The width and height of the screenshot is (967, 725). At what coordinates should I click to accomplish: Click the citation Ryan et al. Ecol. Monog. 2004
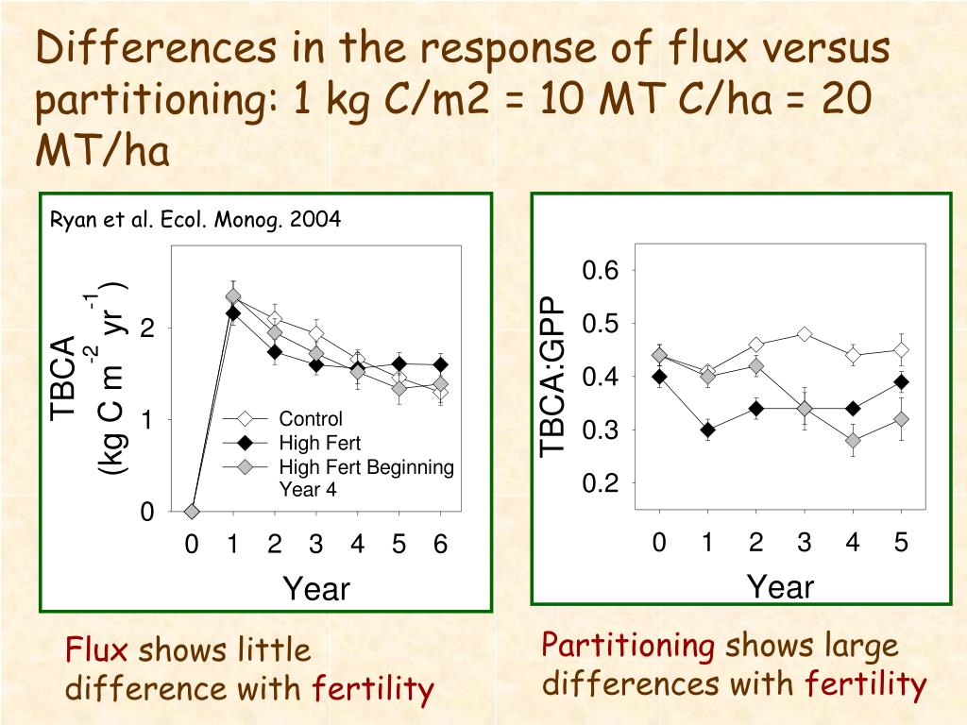tap(195, 220)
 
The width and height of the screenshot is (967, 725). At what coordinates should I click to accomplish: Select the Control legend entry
tap(311, 419)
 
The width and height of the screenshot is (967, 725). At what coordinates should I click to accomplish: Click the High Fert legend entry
tap(319, 443)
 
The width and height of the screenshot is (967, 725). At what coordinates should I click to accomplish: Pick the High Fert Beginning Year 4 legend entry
tap(365, 478)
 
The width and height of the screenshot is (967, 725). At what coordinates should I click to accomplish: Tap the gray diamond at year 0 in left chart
tap(192, 511)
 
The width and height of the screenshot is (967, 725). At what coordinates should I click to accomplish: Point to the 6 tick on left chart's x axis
tap(440, 545)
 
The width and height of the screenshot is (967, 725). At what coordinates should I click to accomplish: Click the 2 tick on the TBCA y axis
tap(147, 329)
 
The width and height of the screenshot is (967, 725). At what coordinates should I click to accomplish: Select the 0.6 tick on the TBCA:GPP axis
tap(600, 272)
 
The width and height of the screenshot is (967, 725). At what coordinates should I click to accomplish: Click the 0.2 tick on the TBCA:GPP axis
tap(600, 483)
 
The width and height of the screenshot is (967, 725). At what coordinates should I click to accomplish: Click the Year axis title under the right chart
tap(780, 587)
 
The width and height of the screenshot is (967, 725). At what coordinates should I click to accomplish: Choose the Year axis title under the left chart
tap(316, 590)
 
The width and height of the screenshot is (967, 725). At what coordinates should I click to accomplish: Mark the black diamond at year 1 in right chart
tap(707, 430)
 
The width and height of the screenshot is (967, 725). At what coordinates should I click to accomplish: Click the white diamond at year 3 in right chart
tap(805, 334)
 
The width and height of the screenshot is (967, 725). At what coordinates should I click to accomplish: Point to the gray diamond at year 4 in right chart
tap(853, 441)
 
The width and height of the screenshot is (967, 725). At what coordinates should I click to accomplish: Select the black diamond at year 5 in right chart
tap(901, 382)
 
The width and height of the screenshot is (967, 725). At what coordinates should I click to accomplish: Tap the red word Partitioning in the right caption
tap(627, 646)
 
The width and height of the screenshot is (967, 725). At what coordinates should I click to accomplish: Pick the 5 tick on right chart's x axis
tap(901, 543)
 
